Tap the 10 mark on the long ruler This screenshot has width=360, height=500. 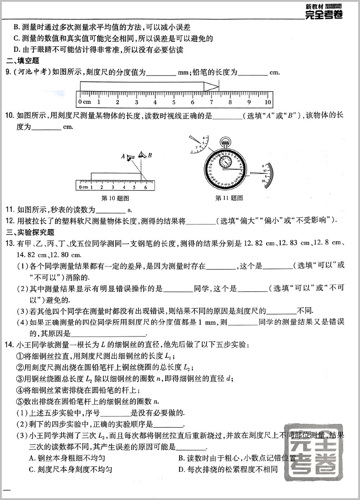coord(268,102)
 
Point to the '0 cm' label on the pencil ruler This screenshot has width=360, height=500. coord(84,102)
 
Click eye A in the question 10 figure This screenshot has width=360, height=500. coord(131,158)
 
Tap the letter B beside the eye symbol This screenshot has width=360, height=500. coord(149,155)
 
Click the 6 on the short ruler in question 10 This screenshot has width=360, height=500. coord(145,187)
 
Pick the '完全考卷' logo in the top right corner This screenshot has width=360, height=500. coord(323,13)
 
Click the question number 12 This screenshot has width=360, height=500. coord(10,221)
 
